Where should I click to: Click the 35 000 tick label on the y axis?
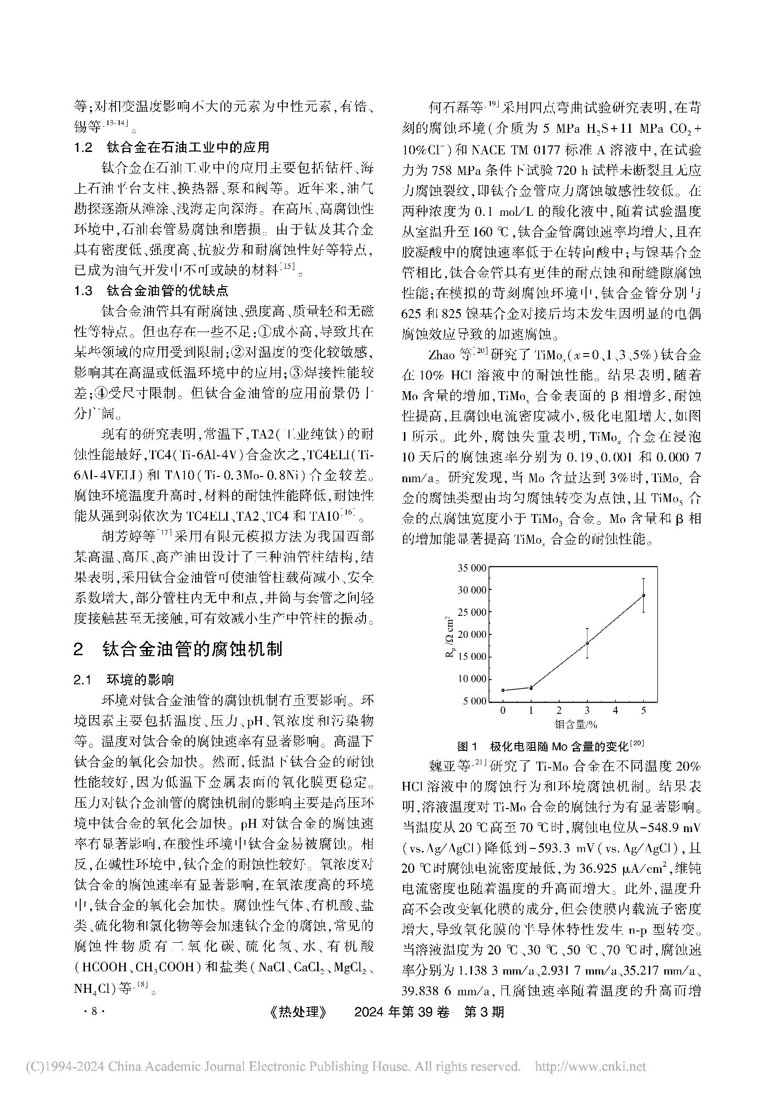coord(472,568)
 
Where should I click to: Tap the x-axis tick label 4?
coord(616,711)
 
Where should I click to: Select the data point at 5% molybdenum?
coord(644,595)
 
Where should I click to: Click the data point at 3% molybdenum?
coord(587,643)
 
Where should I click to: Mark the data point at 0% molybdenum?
coord(502,690)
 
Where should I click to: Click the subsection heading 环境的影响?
coord(140,680)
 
